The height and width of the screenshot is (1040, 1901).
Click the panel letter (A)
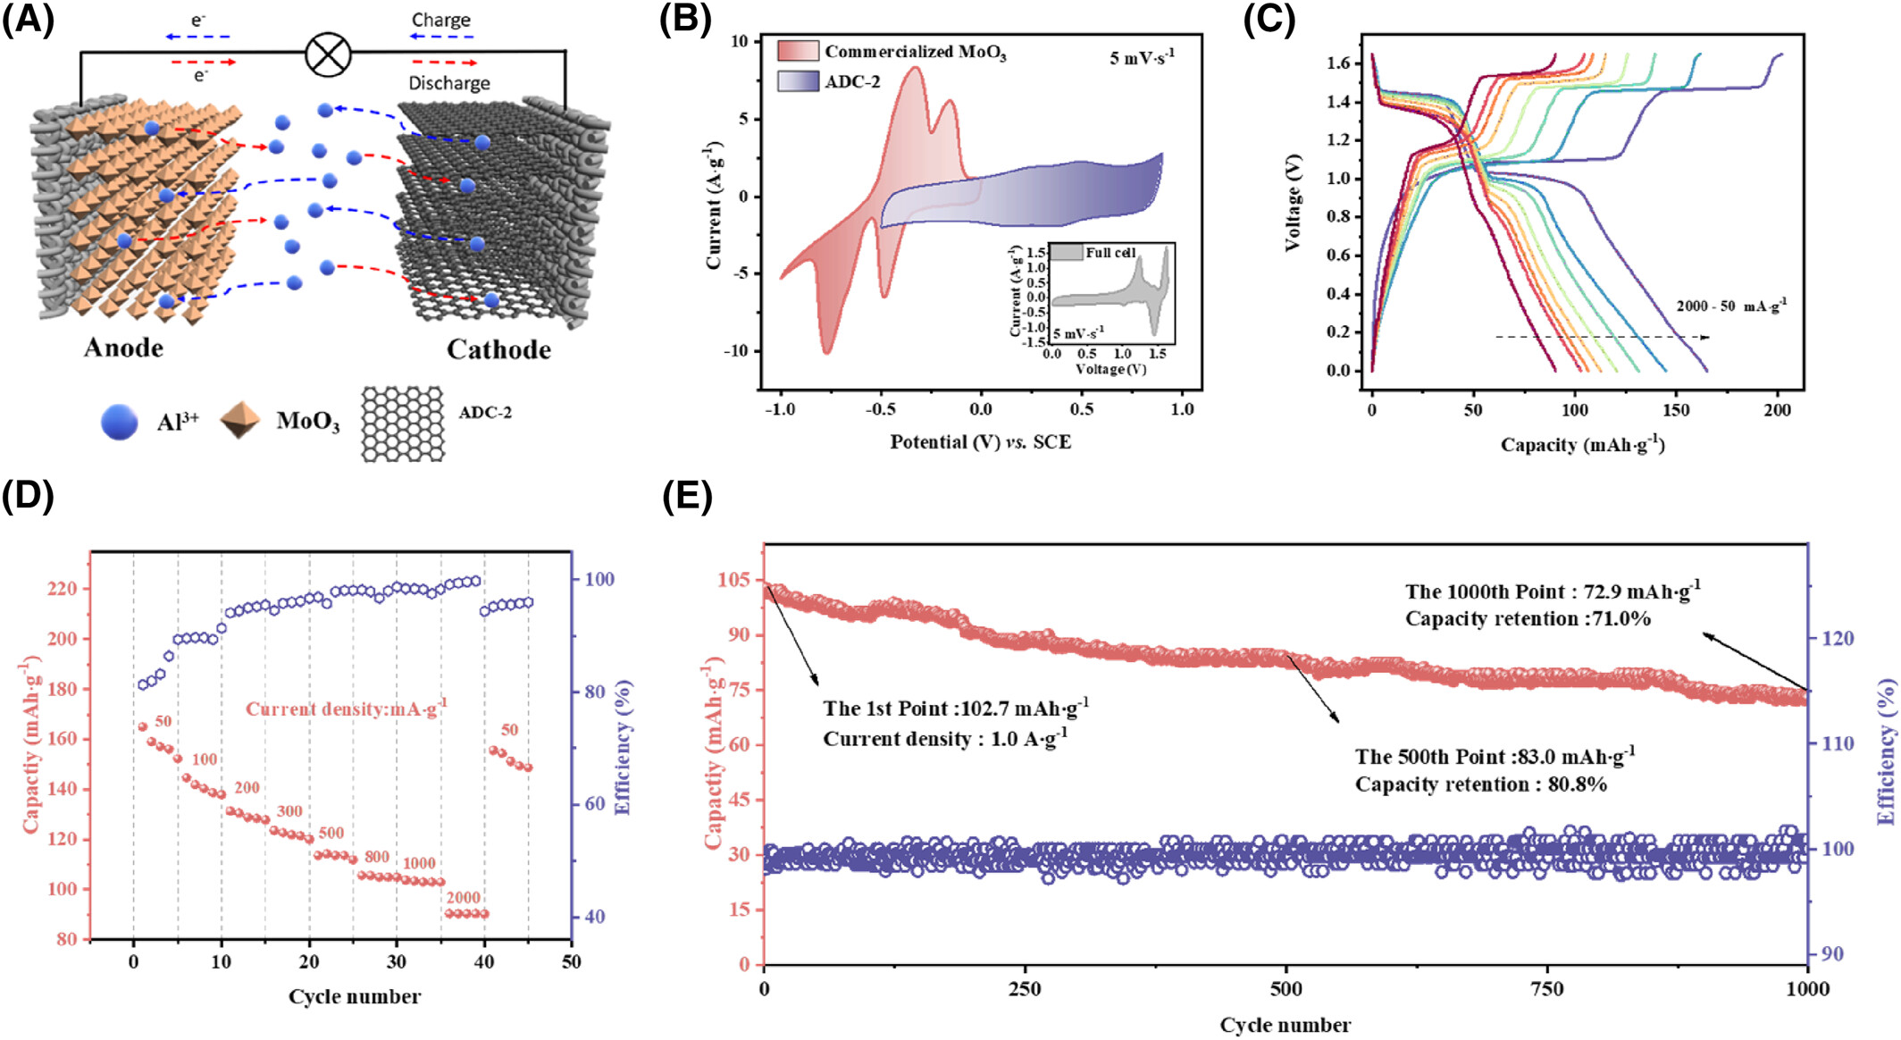(x=28, y=19)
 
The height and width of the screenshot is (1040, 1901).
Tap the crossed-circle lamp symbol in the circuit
(x=328, y=55)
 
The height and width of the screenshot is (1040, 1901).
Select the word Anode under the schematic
(x=123, y=348)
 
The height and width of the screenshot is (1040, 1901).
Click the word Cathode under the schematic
(x=498, y=349)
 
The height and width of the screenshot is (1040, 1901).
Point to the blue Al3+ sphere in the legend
(x=120, y=422)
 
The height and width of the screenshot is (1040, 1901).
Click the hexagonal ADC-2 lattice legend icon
(x=403, y=424)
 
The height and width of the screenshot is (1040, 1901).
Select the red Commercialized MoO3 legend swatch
(x=798, y=51)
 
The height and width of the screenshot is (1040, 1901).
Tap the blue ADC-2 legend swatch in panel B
(x=798, y=81)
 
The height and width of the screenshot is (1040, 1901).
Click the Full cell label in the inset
(x=1110, y=253)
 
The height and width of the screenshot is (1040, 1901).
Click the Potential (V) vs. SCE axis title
(x=980, y=442)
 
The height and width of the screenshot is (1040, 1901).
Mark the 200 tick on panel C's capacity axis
(x=1777, y=410)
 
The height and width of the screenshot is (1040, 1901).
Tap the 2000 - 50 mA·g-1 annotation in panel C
(x=1731, y=306)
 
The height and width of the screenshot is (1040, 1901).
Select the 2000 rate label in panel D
(x=463, y=897)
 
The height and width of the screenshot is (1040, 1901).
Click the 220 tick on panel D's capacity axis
(x=63, y=589)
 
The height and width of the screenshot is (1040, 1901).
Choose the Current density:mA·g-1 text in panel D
(x=347, y=709)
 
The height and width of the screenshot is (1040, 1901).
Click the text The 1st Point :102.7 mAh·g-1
(x=955, y=709)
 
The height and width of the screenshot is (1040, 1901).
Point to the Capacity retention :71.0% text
(x=1528, y=618)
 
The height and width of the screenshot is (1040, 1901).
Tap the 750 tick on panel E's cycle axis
(x=1546, y=989)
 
